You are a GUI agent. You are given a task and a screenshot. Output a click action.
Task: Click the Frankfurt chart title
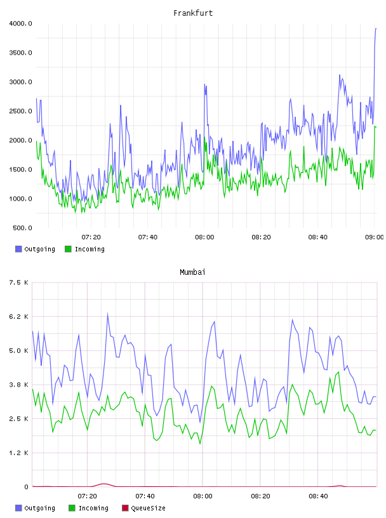pos(193,13)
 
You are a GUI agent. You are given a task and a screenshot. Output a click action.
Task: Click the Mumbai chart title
pos(192,272)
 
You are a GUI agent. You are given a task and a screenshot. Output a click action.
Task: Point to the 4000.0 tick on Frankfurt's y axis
pos(20,23)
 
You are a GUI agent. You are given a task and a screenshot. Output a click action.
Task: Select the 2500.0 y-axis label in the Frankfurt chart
pos(20,111)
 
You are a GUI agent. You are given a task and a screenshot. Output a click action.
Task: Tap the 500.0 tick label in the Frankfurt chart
pos(22,228)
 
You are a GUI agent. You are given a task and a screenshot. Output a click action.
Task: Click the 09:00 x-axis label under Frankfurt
pos(374,237)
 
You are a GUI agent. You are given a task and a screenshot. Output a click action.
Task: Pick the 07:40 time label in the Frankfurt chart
pos(148,237)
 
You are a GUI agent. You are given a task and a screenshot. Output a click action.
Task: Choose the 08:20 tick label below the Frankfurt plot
pos(261,237)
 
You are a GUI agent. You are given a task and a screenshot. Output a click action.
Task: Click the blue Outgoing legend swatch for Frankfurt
pos(18,249)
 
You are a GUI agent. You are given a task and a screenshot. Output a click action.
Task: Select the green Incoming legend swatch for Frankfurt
pos(68,249)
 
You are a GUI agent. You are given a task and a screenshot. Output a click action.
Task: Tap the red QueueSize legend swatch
pos(125,508)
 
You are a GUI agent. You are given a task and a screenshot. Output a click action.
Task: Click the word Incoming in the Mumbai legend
pos(93,508)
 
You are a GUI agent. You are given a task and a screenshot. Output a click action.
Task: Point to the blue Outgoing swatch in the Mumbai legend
pos(18,508)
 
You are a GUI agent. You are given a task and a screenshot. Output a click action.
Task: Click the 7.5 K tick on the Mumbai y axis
pos(18,282)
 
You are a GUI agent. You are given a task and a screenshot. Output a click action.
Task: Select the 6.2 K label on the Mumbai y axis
pos(18,317)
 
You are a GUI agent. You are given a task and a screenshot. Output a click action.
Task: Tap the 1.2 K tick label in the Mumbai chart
pos(18,453)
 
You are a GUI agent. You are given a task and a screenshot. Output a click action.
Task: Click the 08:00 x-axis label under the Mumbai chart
pos(203,496)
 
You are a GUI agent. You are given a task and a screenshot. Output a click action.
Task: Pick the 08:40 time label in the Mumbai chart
pos(318,496)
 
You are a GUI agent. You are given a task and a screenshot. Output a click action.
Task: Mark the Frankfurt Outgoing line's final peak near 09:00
pos(376,29)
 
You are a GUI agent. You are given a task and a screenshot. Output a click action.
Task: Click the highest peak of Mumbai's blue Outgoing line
pos(108,314)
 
